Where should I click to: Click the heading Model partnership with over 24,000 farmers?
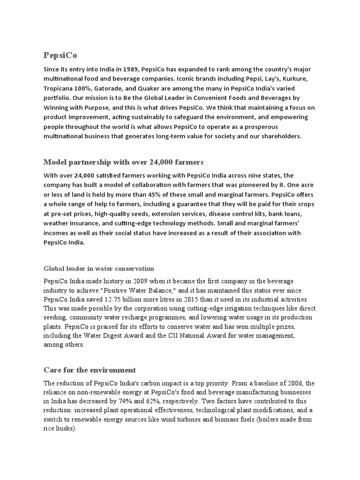(123, 162)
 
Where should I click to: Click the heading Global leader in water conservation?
(98, 269)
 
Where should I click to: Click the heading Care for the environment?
(90, 370)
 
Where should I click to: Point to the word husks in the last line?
(65, 428)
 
